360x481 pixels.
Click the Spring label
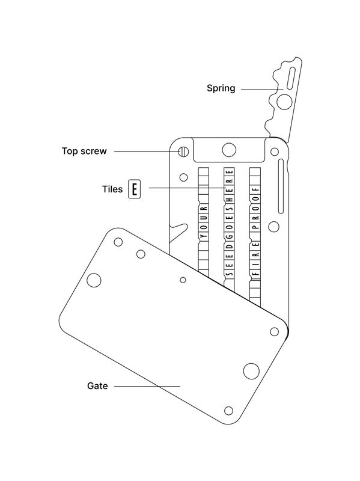(221, 88)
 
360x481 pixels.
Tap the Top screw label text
(84, 151)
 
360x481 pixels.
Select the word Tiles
(112, 189)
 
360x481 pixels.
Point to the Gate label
(97, 385)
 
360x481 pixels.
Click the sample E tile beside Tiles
(134, 189)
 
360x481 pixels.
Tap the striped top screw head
(183, 152)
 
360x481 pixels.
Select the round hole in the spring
(284, 102)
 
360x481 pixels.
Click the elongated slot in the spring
(291, 79)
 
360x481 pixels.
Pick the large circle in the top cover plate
(229, 150)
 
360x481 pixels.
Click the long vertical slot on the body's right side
(281, 186)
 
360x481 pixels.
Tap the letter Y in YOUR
(204, 236)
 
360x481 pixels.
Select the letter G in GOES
(230, 236)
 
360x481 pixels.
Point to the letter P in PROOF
(255, 227)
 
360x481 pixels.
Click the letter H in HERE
(230, 198)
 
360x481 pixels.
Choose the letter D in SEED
(230, 246)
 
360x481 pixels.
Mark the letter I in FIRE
(255, 264)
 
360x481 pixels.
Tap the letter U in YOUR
(204, 218)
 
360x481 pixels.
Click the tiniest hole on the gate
(183, 280)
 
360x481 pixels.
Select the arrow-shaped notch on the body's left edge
(178, 232)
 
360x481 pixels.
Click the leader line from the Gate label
(147, 386)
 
